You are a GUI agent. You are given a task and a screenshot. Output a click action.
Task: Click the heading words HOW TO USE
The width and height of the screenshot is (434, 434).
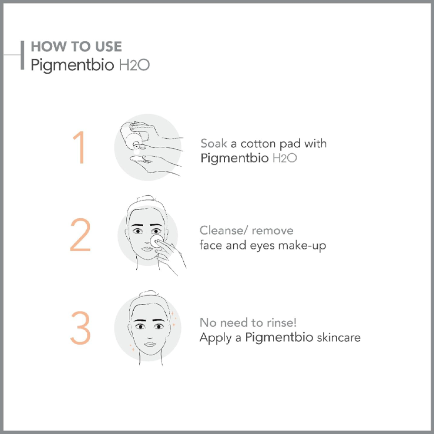76,46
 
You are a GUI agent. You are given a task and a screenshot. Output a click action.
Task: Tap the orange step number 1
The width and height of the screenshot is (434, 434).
79,147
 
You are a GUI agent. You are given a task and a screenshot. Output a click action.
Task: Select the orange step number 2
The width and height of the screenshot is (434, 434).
80,235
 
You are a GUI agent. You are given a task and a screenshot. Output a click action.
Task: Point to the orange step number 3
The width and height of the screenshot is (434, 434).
80,328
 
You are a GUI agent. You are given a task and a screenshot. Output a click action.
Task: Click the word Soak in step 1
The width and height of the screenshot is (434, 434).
214,143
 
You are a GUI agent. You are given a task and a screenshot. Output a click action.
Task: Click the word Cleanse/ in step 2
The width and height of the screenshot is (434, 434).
224,230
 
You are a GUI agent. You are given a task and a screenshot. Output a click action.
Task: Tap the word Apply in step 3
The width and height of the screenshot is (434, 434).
216,338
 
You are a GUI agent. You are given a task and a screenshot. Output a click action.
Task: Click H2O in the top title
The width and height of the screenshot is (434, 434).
134,65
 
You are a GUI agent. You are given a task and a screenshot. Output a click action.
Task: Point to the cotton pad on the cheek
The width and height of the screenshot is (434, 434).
156,241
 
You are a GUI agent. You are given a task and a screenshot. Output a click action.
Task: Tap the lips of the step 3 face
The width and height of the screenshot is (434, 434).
150,344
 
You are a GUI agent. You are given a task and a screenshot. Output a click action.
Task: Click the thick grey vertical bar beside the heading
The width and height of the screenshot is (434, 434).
23,55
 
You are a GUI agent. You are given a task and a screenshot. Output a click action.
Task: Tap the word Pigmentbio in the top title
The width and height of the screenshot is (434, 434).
72,66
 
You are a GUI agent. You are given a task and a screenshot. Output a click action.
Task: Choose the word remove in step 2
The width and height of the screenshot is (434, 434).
273,231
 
